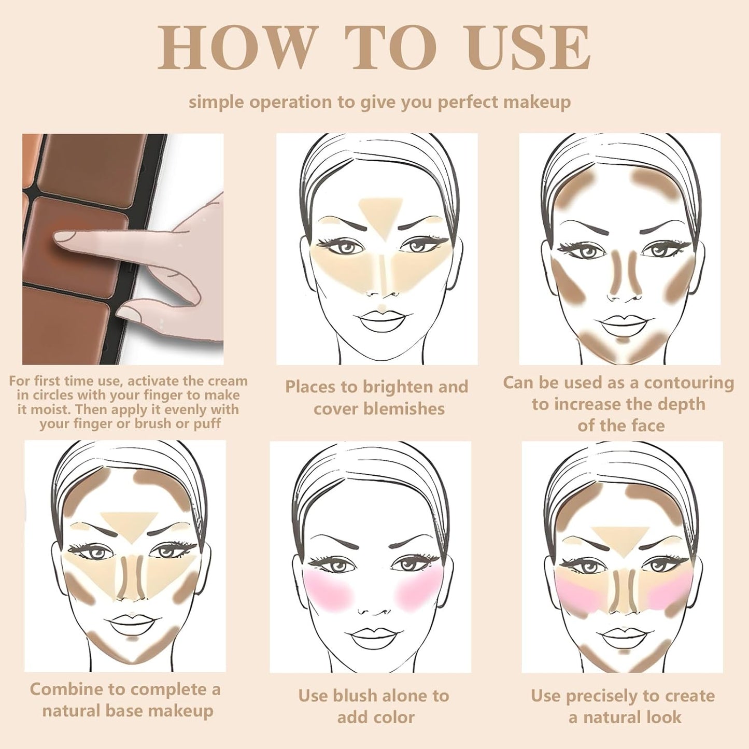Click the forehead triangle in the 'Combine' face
pyautogui.click(x=129, y=524)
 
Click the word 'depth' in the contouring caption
pyautogui.click(x=679, y=404)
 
